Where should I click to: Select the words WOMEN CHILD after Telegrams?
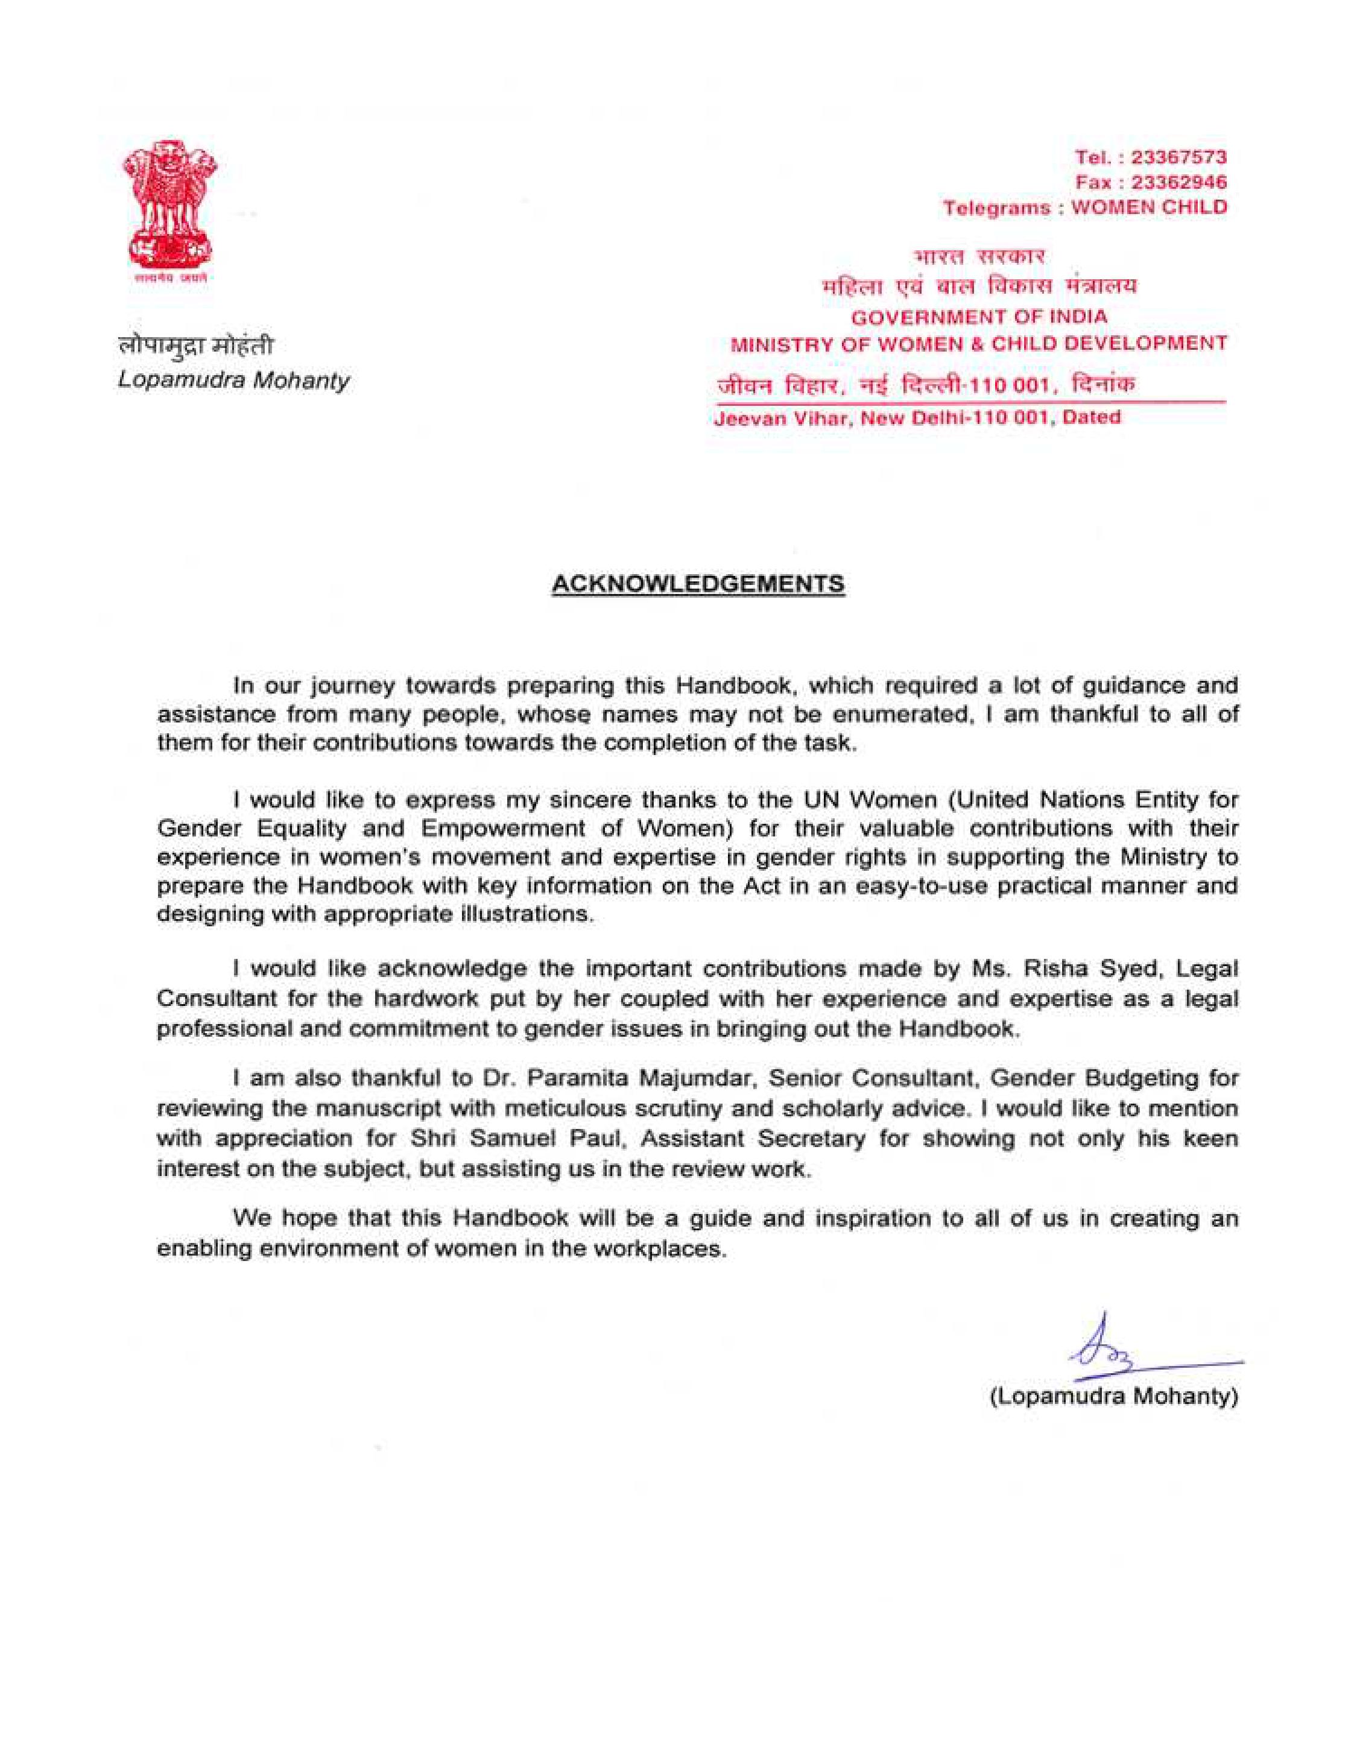point(1148,207)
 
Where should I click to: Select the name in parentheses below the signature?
point(1114,1397)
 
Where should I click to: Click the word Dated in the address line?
point(1091,417)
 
